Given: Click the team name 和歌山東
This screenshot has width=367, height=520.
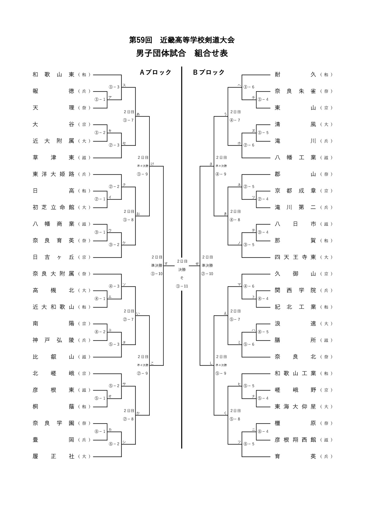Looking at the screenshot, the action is pyautogui.click(x=53, y=75).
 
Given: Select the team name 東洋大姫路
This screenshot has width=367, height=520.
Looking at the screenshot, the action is pyautogui.click(x=53, y=174).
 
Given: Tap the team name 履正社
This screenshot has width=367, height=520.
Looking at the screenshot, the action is pyautogui.click(x=53, y=457).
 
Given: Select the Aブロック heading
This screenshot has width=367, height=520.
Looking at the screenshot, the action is pyautogui.click(x=156, y=72).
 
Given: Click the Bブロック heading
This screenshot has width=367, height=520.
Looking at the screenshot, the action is pyautogui.click(x=209, y=72).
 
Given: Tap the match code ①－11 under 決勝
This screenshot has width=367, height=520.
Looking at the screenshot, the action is pyautogui.click(x=182, y=286).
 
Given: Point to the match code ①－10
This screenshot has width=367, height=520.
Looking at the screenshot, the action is pyautogui.click(x=157, y=274).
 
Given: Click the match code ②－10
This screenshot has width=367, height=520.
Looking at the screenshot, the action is pyautogui.click(x=207, y=274).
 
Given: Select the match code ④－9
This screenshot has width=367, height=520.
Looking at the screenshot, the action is pyautogui.click(x=221, y=174).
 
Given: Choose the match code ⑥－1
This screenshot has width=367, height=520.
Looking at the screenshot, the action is pyautogui.click(x=100, y=432).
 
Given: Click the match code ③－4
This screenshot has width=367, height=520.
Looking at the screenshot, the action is pyautogui.click(x=263, y=232).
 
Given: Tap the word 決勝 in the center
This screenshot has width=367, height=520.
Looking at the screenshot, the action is pyautogui.click(x=182, y=270).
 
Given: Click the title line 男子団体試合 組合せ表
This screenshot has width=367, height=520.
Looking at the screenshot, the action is pyautogui.click(x=182, y=53).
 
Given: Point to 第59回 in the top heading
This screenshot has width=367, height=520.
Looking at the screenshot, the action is pyautogui.click(x=141, y=40).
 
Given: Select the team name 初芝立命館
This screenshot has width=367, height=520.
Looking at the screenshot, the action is pyautogui.click(x=53, y=208).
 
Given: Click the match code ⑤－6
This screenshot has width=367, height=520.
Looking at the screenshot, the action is pyautogui.click(x=249, y=344).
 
